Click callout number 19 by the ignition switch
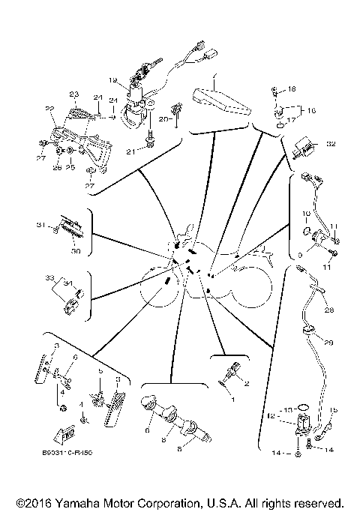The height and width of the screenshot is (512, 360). click(x=112, y=79)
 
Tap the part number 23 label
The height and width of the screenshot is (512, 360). click(x=73, y=94)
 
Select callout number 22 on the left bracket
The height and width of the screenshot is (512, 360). click(x=50, y=109)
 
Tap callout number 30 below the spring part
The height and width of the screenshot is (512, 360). click(x=74, y=251)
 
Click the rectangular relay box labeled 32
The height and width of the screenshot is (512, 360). click(x=306, y=145)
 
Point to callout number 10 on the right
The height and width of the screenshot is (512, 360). click(x=306, y=214)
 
